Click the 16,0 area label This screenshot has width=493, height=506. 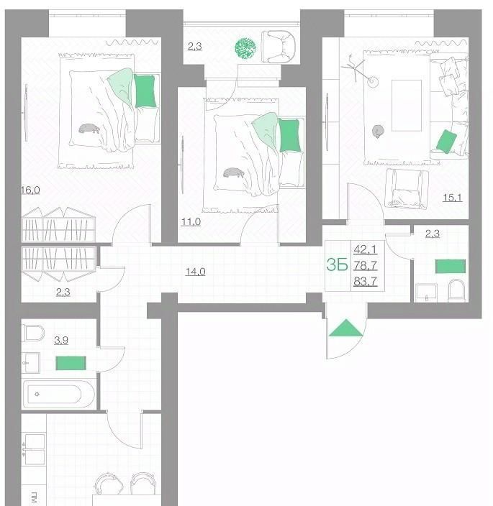coord(30,190)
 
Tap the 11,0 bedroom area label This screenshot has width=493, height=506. coord(191,222)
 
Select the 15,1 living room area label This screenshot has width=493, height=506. coord(452,198)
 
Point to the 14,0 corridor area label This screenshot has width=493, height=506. coord(196,272)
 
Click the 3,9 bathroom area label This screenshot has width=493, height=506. coord(61,340)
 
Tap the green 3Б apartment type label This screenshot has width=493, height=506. coord(337,265)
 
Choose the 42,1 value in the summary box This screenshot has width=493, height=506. coord(365,249)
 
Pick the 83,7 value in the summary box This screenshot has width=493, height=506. coord(365,282)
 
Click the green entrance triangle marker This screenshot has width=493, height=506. coord(345,328)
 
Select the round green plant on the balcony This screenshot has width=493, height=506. coord(245,48)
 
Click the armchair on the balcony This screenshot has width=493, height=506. coord(279,47)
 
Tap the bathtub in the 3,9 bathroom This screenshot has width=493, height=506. coord(58,394)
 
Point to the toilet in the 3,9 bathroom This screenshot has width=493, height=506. coord(33,333)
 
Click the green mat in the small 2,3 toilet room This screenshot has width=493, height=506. coord(451,266)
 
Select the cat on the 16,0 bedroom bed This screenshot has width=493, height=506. coord(89,129)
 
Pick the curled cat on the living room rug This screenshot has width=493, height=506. coord(377,132)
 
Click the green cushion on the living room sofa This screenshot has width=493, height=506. coord(446,142)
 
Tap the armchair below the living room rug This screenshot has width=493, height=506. coord(407,188)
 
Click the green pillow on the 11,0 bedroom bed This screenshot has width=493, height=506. coord(289,135)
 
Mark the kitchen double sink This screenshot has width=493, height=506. coord(35,449)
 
